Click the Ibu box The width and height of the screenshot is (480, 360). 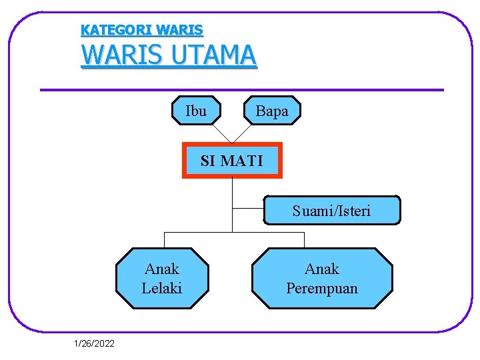pyautogui.click(x=196, y=111)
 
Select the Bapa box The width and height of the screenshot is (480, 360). pyautogui.click(x=272, y=111)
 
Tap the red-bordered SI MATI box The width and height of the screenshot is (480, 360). pyautogui.click(x=232, y=161)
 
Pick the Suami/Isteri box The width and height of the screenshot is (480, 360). pyautogui.click(x=332, y=211)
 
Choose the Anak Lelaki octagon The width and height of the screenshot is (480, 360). pyautogui.click(x=162, y=279)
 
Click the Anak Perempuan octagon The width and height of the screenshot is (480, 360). pyautogui.click(x=322, y=279)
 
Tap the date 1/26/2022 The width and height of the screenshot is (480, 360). pyautogui.click(x=94, y=343)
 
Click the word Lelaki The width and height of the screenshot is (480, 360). pyautogui.click(x=162, y=288)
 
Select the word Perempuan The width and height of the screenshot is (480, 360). pyautogui.click(x=322, y=288)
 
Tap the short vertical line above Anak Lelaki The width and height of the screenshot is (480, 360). pyautogui.click(x=165, y=240)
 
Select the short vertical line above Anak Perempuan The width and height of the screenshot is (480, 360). pyautogui.click(x=304, y=240)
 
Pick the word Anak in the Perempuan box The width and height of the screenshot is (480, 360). pyautogui.click(x=322, y=269)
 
